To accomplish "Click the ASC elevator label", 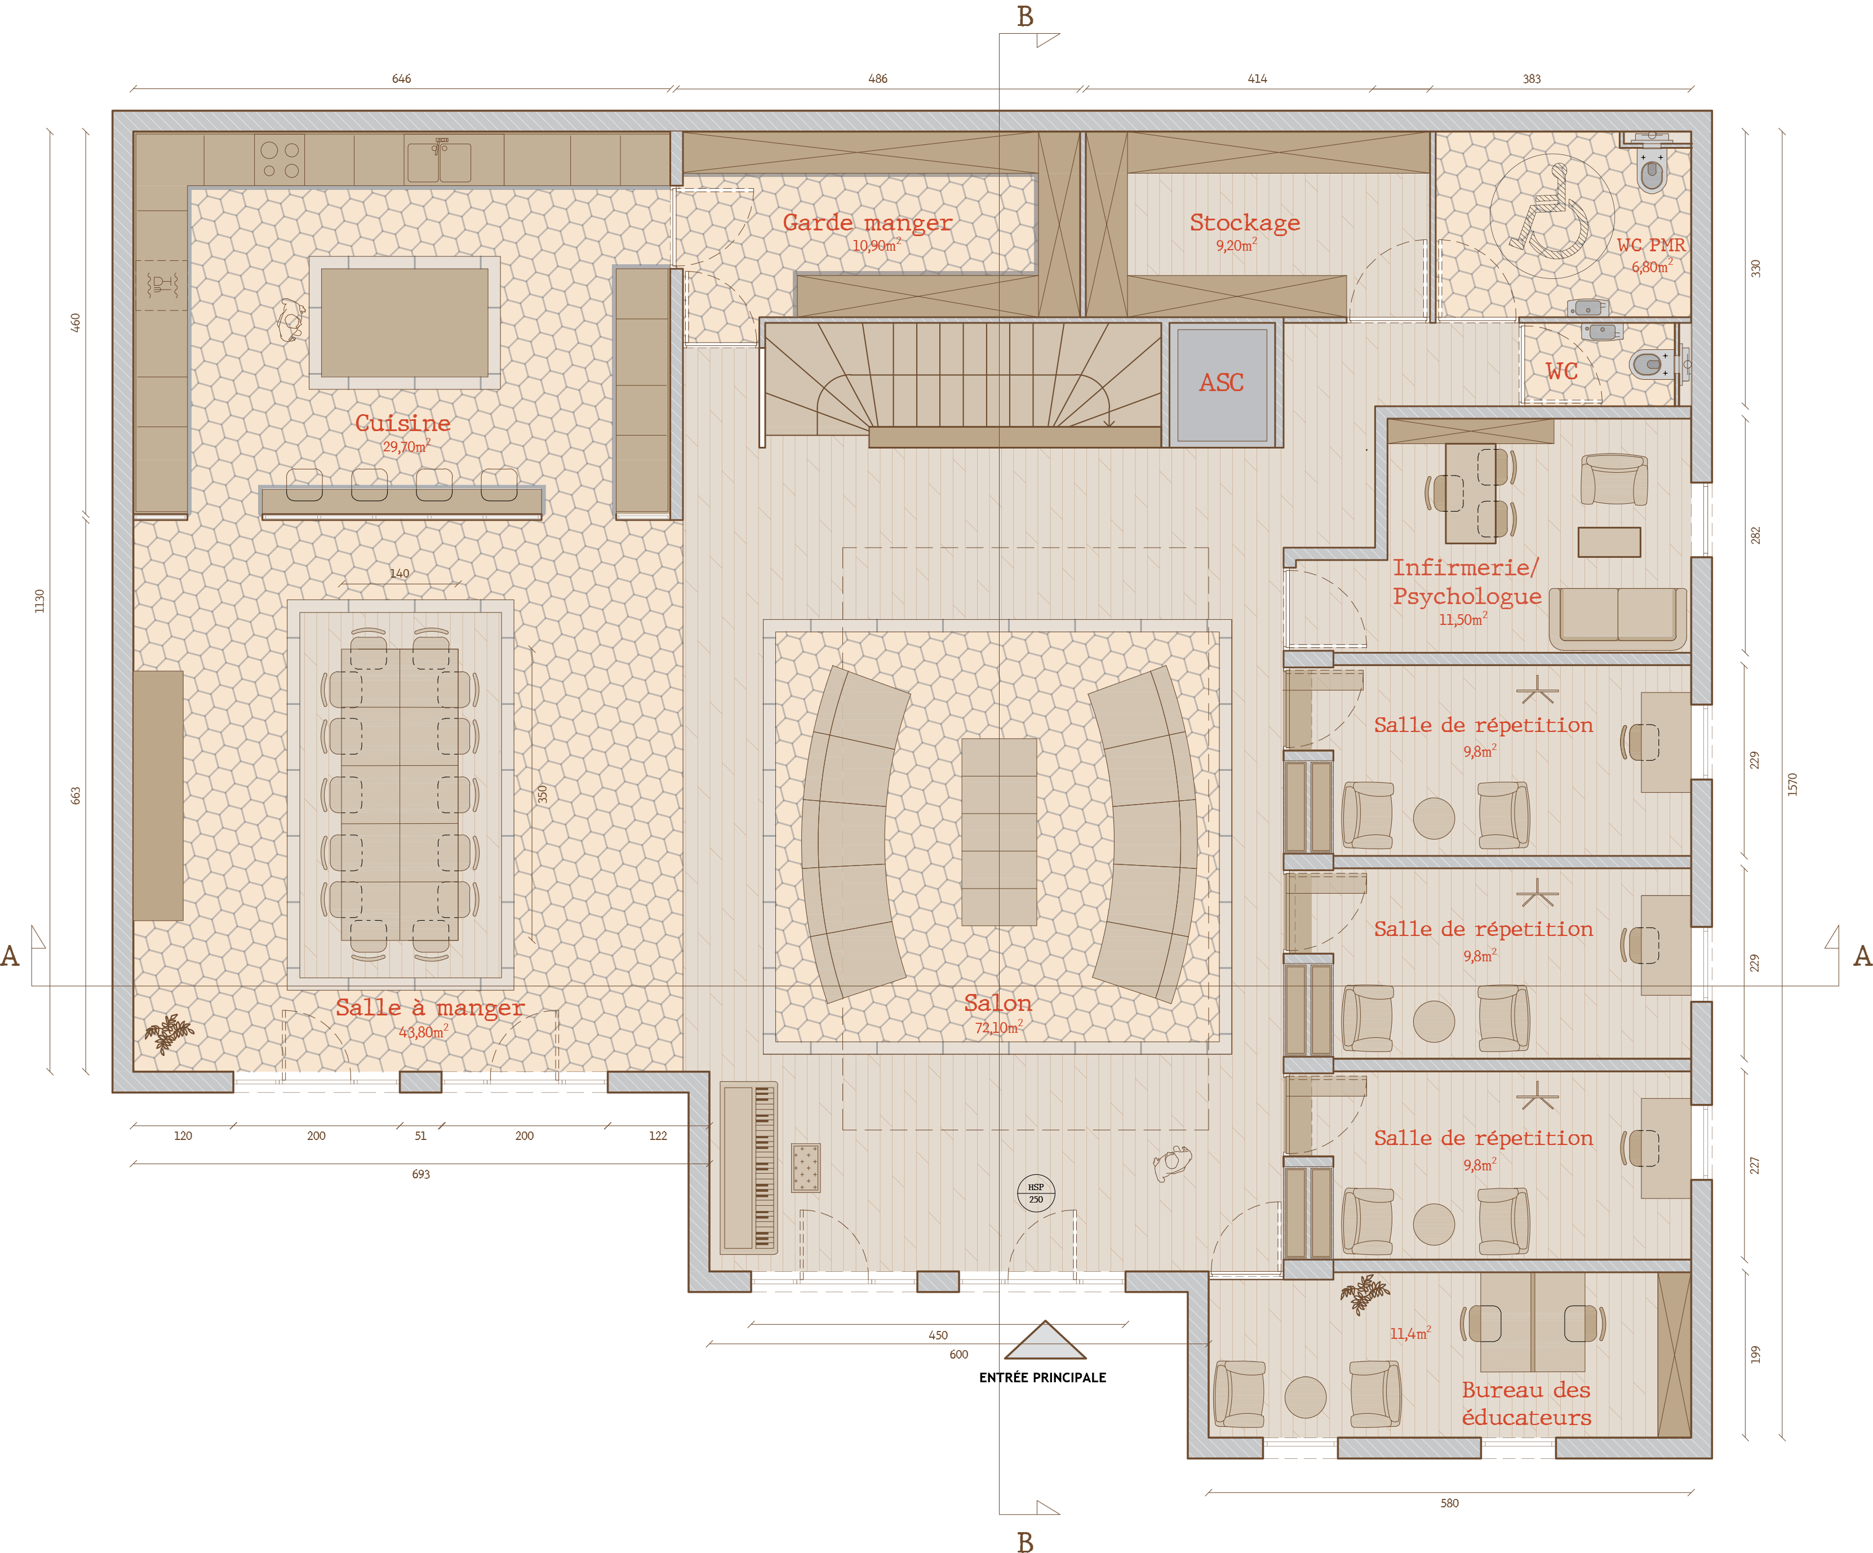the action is coord(1221,383).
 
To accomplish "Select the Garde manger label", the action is coord(867,222).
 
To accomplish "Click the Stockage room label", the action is coord(1245,222).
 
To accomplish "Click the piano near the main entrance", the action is coord(748,1168).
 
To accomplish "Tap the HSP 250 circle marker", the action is coord(1036,1192).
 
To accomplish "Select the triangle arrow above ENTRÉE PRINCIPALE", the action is coord(1045,1340).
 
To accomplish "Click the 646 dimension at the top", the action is coord(401,78).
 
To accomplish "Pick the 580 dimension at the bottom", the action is coord(1449,1503).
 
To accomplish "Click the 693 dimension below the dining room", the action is coord(421,1174).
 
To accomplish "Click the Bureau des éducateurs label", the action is coord(1526,1403).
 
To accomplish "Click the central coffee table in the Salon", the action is coord(999,831).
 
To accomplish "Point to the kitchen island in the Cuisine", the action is coord(404,323).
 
